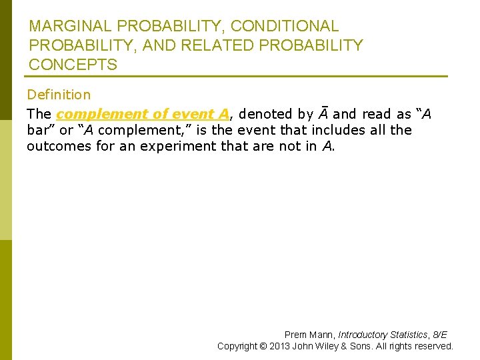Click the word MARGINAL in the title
69,27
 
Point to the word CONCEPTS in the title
73,65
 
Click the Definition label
59,95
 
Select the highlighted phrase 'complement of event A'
143,114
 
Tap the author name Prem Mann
309,335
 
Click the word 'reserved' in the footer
433,346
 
